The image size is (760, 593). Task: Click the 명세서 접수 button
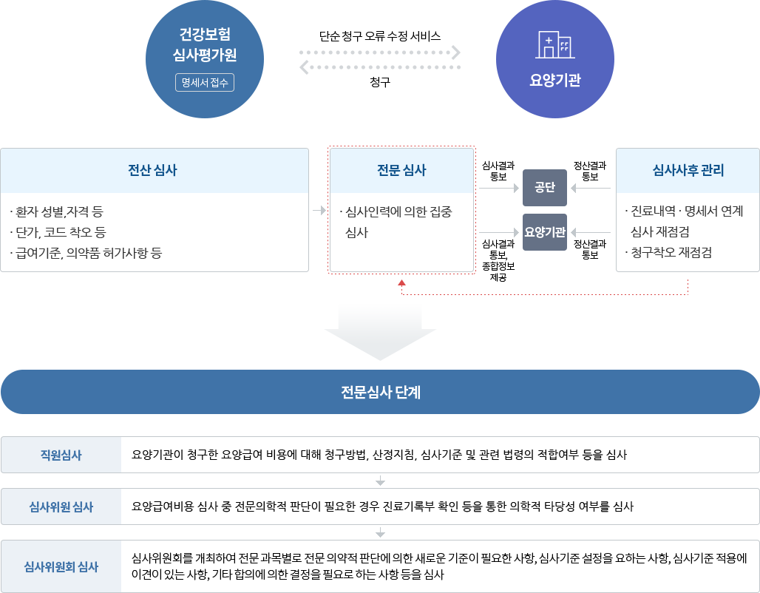(x=205, y=83)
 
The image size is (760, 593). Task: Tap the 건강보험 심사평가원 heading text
(x=204, y=45)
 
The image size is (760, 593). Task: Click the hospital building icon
(x=554, y=44)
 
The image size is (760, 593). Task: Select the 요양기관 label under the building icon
(x=554, y=81)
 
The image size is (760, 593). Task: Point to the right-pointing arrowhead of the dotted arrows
(x=456, y=52)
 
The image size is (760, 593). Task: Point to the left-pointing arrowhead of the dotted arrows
(x=304, y=68)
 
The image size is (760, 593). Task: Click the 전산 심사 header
(x=153, y=170)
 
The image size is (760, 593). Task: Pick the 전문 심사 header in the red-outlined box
(x=401, y=170)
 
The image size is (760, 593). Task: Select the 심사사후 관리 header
(x=688, y=170)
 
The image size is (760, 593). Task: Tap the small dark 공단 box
(x=544, y=187)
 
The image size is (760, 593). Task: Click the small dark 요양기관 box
(x=544, y=231)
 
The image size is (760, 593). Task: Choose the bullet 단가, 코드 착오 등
(x=58, y=233)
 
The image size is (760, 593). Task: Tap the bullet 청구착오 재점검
(x=668, y=253)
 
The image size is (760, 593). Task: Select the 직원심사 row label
(x=61, y=455)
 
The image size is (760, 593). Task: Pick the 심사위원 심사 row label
(x=61, y=506)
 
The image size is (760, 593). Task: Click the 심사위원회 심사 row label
(x=61, y=566)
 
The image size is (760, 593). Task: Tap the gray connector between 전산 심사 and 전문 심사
(x=318, y=210)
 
